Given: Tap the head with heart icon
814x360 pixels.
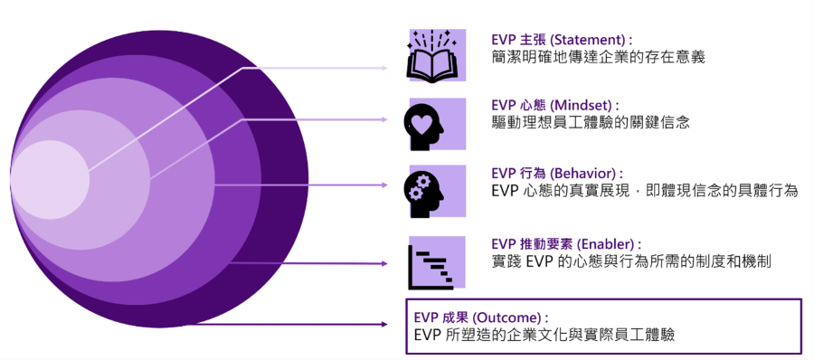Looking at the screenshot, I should [437, 124].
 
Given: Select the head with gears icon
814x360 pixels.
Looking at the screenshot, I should [437, 190].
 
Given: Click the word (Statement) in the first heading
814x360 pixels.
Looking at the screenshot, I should [589, 41].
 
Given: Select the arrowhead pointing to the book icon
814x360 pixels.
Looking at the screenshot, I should [385, 68].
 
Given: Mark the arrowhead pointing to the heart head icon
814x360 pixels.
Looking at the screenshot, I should [385, 118].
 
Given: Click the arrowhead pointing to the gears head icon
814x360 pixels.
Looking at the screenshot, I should [385, 185].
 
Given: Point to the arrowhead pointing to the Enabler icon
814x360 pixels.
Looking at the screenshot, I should [385, 263].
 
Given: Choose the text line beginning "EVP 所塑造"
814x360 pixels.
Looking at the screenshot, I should [543, 336].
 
